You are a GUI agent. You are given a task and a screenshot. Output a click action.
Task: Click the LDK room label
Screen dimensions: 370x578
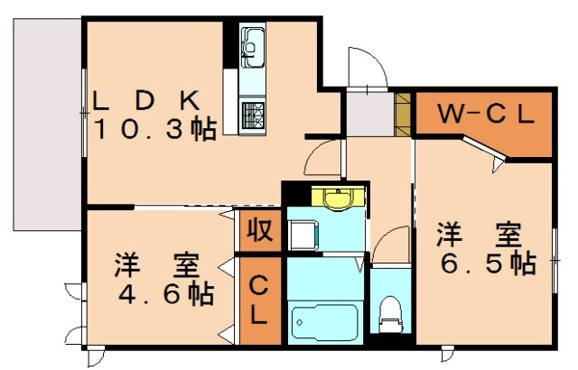(x=154, y=98)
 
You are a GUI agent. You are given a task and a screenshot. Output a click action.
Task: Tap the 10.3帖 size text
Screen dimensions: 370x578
(x=154, y=129)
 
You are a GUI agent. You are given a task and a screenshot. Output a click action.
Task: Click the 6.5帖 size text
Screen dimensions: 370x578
(x=485, y=264)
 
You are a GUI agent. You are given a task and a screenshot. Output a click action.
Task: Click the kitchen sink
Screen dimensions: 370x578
(x=252, y=42)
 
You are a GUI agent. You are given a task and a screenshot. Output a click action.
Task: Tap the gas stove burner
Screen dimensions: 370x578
(x=252, y=115)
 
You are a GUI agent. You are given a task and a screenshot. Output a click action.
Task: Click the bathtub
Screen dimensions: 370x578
(x=324, y=320)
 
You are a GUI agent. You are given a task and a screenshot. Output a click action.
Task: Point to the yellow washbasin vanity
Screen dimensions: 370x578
(x=337, y=198)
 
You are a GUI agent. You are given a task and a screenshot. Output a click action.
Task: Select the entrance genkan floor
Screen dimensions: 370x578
(x=368, y=112)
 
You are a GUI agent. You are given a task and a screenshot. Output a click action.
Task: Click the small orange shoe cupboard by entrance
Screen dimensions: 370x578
(x=404, y=112)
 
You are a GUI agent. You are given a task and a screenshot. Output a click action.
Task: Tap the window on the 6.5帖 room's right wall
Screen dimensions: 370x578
(x=553, y=260)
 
